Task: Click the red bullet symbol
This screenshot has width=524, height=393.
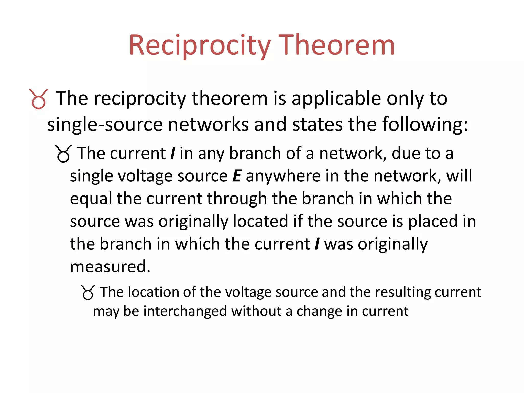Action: tap(38, 99)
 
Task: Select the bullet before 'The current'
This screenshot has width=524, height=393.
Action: tap(63, 154)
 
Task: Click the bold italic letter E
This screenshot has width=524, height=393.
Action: tap(237, 176)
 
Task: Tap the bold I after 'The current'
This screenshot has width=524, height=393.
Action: tap(173, 154)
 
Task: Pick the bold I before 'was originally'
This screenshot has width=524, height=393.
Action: tap(317, 244)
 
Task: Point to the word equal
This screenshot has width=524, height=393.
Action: tap(91, 199)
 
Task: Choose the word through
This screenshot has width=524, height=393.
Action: tap(237, 199)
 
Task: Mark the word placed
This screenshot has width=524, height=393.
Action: tap(433, 221)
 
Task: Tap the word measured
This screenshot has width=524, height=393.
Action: tap(110, 267)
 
